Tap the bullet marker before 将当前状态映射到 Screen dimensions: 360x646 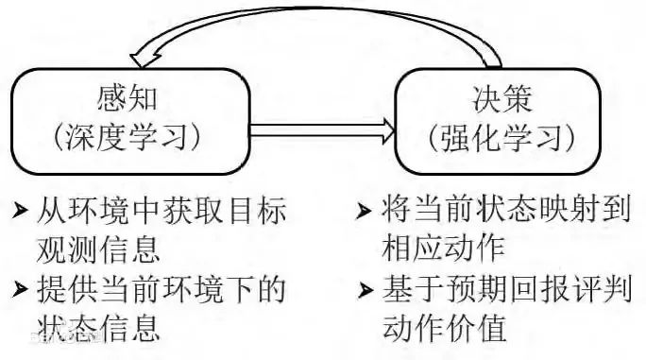point(364,210)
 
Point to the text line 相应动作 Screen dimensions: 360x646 point(444,249)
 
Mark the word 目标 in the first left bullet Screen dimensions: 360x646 point(255,209)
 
